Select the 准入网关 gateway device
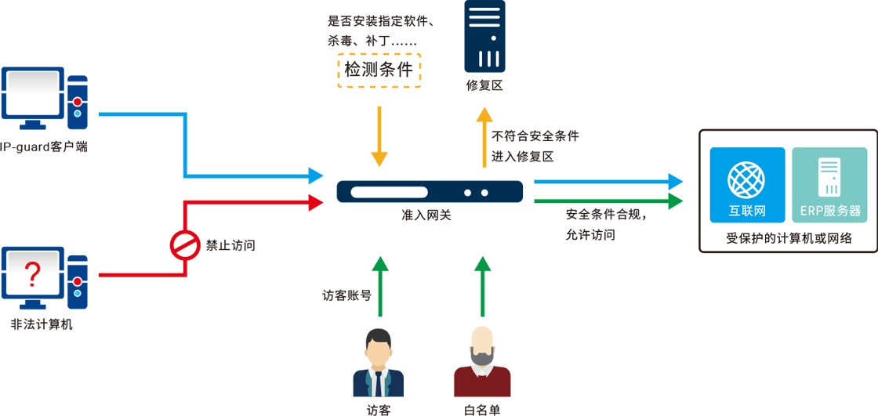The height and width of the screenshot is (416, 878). (430, 191)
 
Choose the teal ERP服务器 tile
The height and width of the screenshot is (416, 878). (829, 185)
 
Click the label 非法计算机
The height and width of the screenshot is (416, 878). (42, 324)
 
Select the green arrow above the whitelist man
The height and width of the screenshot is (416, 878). (483, 285)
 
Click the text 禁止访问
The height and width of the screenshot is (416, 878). (230, 245)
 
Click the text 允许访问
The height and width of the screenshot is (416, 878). (590, 234)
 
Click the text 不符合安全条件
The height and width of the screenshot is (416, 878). (535, 136)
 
